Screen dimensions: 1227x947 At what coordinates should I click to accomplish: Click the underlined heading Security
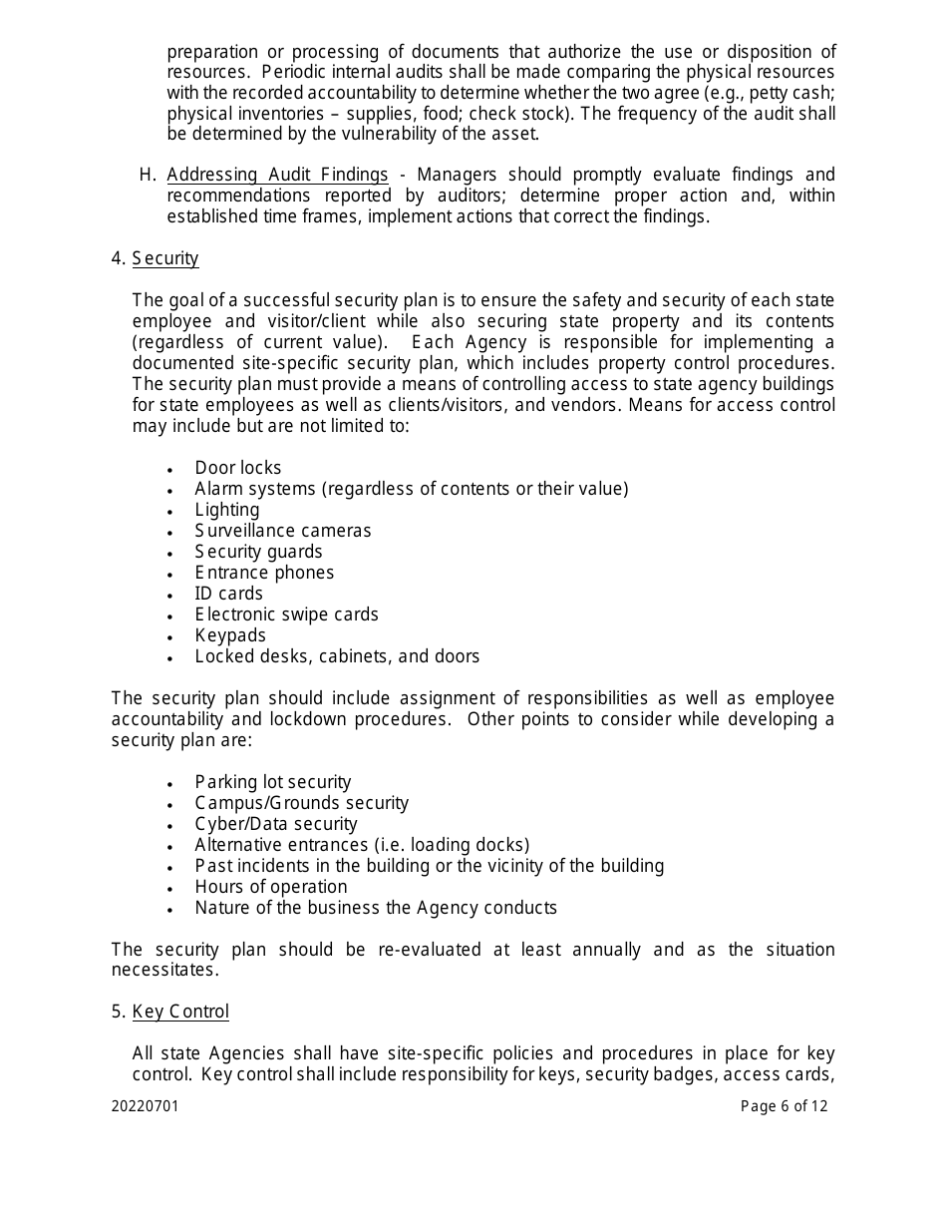click(x=165, y=259)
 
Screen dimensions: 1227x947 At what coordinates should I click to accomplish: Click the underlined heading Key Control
click(x=180, y=1013)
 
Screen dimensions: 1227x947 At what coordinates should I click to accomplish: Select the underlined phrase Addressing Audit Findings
click(x=277, y=176)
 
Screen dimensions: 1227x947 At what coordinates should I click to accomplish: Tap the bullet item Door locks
click(x=238, y=468)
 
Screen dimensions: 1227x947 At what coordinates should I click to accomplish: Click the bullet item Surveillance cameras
click(x=283, y=531)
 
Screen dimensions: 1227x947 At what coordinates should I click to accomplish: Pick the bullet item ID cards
click(x=229, y=594)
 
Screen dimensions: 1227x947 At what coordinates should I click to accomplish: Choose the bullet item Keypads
click(x=230, y=635)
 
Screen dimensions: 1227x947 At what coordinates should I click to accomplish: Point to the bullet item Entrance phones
click(x=264, y=573)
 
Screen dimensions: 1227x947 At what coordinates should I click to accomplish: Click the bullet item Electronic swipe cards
click(x=287, y=614)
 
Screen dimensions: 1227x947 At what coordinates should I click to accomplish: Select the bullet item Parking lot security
click(x=273, y=783)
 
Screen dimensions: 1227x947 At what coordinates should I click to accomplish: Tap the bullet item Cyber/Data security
click(x=276, y=825)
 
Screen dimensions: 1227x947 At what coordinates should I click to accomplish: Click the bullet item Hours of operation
click(x=271, y=888)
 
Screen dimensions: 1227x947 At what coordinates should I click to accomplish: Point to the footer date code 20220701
click(x=146, y=1106)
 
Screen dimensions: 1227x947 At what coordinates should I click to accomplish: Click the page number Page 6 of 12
click(x=784, y=1106)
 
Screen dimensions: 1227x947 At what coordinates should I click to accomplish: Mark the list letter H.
click(x=148, y=176)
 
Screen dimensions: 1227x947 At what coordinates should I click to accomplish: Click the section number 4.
click(x=118, y=259)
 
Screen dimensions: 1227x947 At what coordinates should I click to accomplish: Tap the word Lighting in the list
click(x=227, y=510)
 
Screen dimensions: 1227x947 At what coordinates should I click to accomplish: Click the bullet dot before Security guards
click(x=171, y=554)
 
